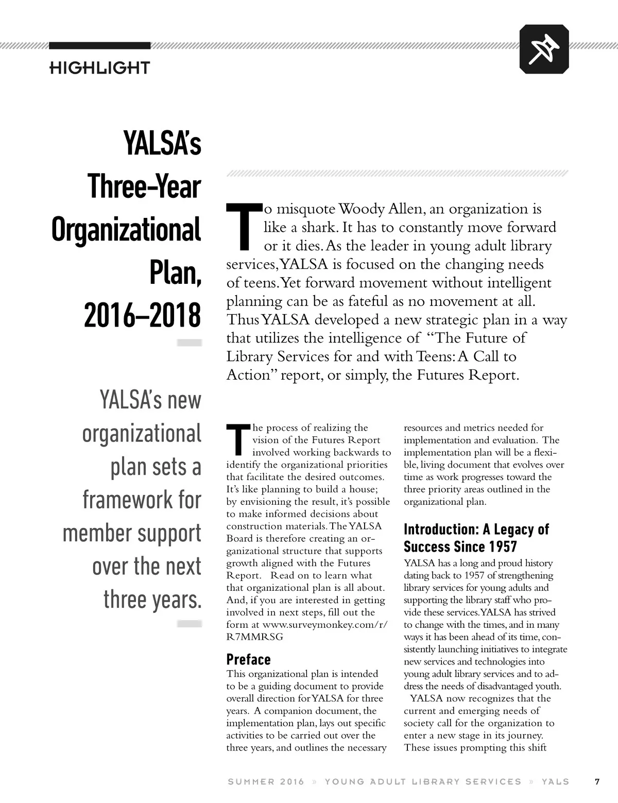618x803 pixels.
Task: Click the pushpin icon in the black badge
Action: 544,49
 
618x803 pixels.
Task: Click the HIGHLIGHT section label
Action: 99,67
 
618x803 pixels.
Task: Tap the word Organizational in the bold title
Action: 126,230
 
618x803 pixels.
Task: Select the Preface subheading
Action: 248,659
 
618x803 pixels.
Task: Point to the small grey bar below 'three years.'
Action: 188,624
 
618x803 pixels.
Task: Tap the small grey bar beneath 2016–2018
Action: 188,343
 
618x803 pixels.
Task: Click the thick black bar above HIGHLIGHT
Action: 99,46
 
